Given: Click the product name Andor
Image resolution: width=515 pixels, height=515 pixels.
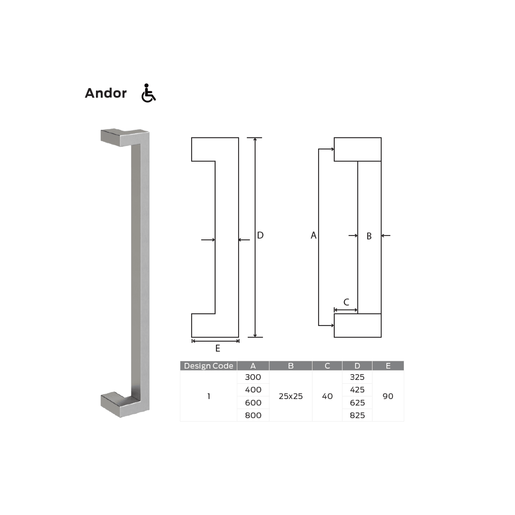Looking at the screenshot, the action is point(106,93).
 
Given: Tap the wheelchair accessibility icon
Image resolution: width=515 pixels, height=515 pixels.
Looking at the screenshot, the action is point(148,93).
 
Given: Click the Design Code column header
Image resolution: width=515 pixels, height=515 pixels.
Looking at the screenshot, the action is point(208,366).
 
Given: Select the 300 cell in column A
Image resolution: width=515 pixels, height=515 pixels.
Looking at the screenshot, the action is point(253,377).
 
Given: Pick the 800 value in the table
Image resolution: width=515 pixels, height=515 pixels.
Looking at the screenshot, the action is point(253,415).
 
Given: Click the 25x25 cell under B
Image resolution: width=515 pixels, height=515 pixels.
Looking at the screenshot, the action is point(291,396).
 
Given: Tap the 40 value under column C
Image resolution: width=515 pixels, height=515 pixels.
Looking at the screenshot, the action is point(327,396).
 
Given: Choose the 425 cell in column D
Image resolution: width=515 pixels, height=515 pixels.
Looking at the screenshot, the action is point(357,390).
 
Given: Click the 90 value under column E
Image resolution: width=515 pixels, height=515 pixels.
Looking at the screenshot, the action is point(388,396).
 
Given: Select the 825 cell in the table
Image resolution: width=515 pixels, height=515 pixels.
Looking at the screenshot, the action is point(357,415).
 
